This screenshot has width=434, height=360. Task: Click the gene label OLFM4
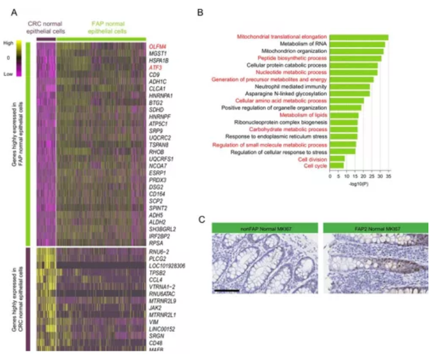pos(158,46)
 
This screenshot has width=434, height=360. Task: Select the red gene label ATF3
pos(155,67)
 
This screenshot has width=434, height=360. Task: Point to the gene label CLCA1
pos(157,88)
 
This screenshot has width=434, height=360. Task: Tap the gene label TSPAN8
pos(159,144)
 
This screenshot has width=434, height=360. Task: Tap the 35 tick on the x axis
pos(388,176)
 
